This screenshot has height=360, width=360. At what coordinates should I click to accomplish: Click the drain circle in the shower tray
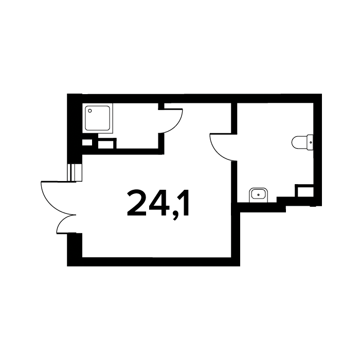click(x=90, y=111)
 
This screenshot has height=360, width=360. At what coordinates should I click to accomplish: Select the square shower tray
click(x=98, y=118)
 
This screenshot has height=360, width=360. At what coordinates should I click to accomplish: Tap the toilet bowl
click(x=299, y=142)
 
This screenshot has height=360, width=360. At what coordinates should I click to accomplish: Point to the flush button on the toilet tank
click(x=311, y=142)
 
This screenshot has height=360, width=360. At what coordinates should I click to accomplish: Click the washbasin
click(x=259, y=195)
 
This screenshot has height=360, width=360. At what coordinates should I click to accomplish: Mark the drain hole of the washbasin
click(x=259, y=195)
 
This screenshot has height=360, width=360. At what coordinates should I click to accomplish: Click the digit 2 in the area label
click(x=137, y=203)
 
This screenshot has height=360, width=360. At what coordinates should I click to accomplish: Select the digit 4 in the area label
click(x=158, y=203)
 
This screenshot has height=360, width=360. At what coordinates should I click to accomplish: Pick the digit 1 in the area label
click(x=184, y=203)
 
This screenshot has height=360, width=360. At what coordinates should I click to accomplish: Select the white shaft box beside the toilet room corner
click(x=305, y=192)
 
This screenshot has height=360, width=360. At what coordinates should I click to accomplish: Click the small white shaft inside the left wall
click(x=87, y=142)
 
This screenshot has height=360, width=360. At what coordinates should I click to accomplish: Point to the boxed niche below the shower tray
click(x=106, y=145)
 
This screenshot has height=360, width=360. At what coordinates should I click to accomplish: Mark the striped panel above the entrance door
click(x=75, y=172)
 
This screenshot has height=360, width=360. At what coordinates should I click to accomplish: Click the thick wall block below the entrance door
click(x=75, y=249)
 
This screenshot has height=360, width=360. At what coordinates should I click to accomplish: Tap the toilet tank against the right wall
click(x=310, y=142)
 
